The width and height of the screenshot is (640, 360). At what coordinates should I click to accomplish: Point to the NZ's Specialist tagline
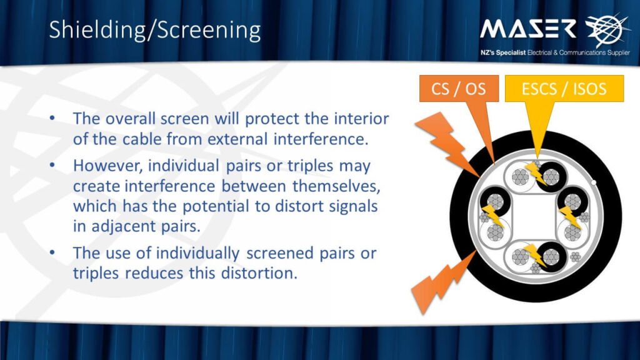tap(555, 52)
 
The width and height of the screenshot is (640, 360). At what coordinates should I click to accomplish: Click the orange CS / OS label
tap(459, 89)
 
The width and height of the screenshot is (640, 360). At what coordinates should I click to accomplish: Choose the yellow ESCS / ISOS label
tap(564, 89)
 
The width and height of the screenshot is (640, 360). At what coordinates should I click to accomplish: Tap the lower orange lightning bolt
tap(442, 282)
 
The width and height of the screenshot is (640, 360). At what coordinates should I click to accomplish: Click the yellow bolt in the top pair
tap(535, 173)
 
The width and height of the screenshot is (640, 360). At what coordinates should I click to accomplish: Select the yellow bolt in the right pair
tap(570, 217)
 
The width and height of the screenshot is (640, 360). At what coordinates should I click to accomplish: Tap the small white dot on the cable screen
tap(594, 182)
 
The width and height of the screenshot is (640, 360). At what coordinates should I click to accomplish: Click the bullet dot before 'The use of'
tap(52, 252)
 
